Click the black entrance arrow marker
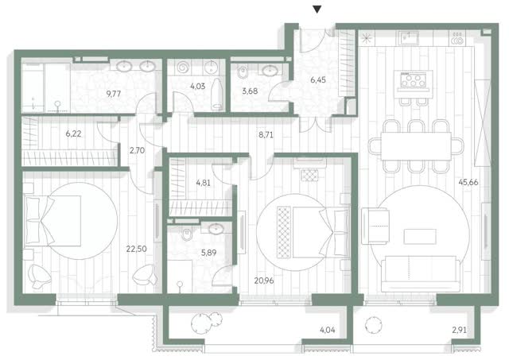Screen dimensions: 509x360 [317, 10]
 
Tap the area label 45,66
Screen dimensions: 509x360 [468, 182]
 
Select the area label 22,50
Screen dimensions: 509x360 [136, 249]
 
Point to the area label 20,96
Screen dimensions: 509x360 [264, 281]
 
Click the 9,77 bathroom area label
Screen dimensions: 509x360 [114, 94]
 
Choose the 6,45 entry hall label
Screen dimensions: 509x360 [318, 79]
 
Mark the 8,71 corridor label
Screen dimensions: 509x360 [266, 135]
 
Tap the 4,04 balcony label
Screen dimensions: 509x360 [328, 330]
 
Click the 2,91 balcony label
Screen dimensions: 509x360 [460, 330]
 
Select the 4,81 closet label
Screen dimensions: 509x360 [204, 183]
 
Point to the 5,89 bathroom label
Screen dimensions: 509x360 [208, 253]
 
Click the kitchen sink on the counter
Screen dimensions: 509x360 [408, 38]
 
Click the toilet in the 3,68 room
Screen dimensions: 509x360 [242, 72]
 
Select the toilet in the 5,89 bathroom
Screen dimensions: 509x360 [187, 234]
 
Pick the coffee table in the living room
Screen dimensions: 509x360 [420, 237]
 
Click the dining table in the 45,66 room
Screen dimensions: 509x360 [416, 146]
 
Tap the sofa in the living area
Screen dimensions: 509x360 [421, 273]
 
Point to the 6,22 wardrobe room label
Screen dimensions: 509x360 [73, 134]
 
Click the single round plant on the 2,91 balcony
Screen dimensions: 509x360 [373, 324]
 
